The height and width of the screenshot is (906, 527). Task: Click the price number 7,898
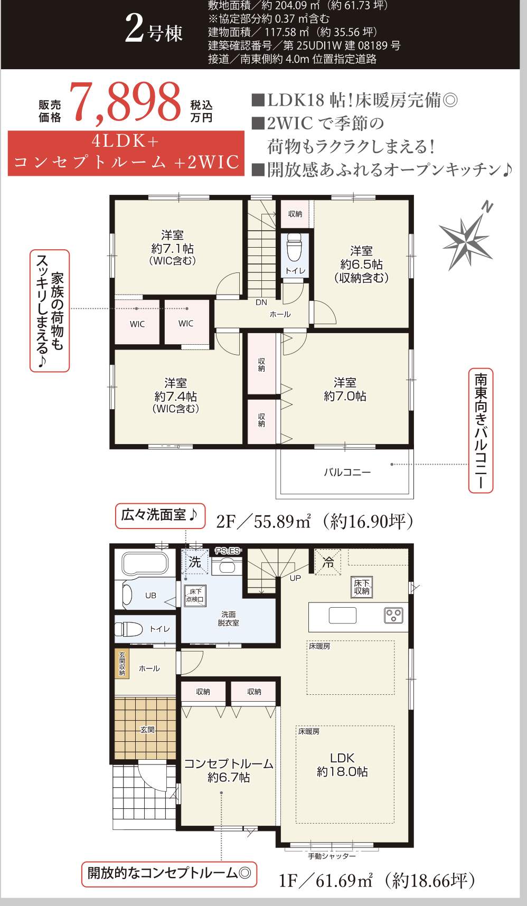tap(126, 102)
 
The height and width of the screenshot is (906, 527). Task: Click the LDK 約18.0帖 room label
tap(342, 765)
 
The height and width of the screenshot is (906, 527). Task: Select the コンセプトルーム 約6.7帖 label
tap(228, 770)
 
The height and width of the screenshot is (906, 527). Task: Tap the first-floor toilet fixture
tap(129, 629)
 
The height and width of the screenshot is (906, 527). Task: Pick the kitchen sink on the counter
tap(342, 615)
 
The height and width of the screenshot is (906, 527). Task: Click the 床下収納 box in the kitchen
tap(362, 587)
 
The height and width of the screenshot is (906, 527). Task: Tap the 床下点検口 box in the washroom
tap(195, 595)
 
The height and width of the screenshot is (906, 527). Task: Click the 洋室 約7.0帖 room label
tap(345, 389)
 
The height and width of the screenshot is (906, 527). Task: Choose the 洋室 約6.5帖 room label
tap(361, 264)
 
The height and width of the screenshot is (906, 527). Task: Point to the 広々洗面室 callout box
tap(159, 515)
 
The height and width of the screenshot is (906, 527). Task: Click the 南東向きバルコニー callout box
tap(481, 430)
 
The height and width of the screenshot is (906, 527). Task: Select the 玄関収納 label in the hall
tap(122, 663)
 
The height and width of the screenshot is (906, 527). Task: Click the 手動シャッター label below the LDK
tap(332, 856)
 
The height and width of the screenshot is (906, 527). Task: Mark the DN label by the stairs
tap(261, 303)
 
